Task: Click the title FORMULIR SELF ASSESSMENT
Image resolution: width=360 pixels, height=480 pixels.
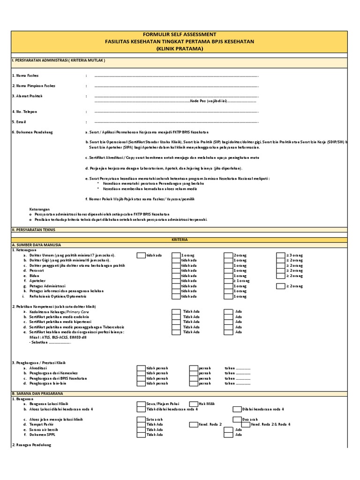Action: click(x=180, y=35)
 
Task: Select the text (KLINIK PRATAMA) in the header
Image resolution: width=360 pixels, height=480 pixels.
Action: click(x=180, y=48)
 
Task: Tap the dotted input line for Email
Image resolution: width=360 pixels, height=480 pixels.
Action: click(x=176, y=122)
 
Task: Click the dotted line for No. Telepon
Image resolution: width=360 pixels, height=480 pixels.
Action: click(x=176, y=112)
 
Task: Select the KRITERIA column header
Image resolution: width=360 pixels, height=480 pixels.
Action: click(x=180, y=240)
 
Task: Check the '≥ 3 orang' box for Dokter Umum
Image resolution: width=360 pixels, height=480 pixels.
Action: click(x=281, y=255)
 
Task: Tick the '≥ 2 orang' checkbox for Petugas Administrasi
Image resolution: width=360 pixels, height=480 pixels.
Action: click(x=281, y=286)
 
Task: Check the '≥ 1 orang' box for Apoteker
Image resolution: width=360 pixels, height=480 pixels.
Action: click(x=228, y=281)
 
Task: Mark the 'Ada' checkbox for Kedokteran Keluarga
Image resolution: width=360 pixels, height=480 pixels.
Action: click(x=228, y=312)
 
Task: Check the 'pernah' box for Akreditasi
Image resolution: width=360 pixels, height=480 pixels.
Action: click(x=194, y=368)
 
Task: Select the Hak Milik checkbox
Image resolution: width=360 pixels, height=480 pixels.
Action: click(x=194, y=404)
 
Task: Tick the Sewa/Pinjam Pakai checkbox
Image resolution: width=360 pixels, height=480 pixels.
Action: click(x=141, y=404)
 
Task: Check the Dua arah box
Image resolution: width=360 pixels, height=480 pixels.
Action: click(x=237, y=419)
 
